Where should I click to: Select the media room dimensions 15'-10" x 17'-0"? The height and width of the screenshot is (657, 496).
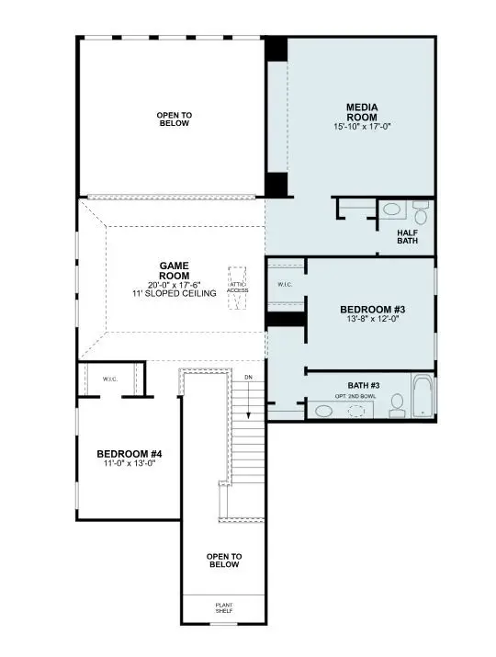pyautogui.click(x=363, y=126)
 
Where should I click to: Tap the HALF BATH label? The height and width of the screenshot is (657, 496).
pyautogui.click(x=408, y=237)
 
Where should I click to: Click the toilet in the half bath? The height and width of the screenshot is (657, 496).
pyautogui.click(x=421, y=214)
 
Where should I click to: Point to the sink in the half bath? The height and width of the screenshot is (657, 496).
pyautogui.click(x=390, y=210)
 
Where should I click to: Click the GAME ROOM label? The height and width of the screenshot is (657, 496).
pyautogui.click(x=174, y=270)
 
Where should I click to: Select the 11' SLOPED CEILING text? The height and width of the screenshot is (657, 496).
pyautogui.click(x=174, y=293)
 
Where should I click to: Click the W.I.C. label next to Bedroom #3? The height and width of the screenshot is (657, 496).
pyautogui.click(x=285, y=285)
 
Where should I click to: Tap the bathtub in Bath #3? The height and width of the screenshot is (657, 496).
pyautogui.click(x=423, y=397)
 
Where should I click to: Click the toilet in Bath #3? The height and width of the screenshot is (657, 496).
pyautogui.click(x=397, y=404)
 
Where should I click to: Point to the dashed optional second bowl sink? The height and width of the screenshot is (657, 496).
pyautogui.click(x=355, y=411)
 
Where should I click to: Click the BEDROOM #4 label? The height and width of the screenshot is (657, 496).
pyautogui.click(x=130, y=454)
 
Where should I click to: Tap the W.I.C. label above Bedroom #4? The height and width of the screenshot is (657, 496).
pyautogui.click(x=109, y=378)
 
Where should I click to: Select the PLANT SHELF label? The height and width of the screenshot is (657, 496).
pyautogui.click(x=223, y=608)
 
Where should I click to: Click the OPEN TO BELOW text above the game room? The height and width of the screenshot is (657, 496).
pyautogui.click(x=173, y=119)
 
